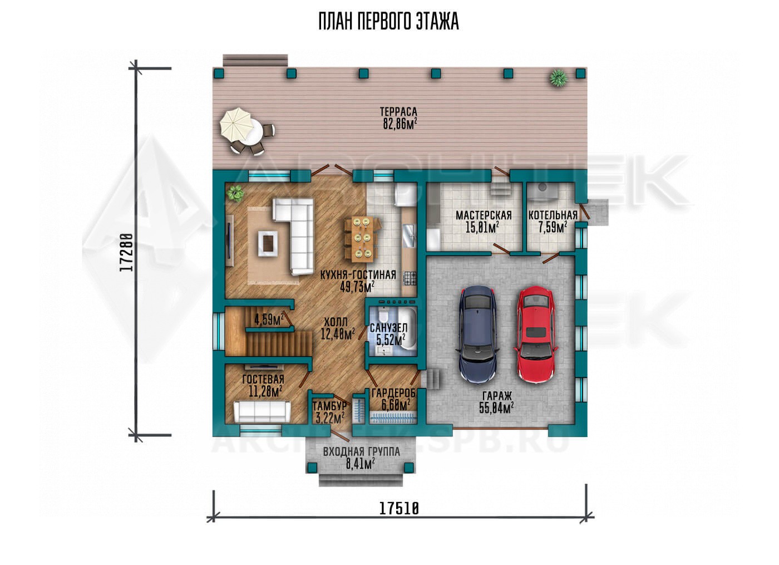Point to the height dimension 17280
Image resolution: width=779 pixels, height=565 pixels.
pos(126,252)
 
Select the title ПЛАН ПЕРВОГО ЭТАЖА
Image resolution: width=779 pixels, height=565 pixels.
pos(389,22)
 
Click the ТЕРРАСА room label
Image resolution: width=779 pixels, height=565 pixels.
pos(398,112)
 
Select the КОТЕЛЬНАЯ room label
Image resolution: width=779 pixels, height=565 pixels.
pos(553,215)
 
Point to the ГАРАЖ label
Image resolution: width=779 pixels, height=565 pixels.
pos(497,396)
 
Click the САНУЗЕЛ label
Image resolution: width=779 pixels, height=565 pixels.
pos(388,328)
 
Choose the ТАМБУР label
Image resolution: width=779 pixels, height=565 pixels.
pos(329,406)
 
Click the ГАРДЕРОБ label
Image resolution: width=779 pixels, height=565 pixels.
pos(394,394)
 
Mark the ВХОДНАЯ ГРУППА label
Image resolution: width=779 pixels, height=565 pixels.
pos(361,452)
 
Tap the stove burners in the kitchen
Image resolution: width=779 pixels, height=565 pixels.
pos(410,278)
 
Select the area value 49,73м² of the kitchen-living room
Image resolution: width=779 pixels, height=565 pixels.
pos(357,287)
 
